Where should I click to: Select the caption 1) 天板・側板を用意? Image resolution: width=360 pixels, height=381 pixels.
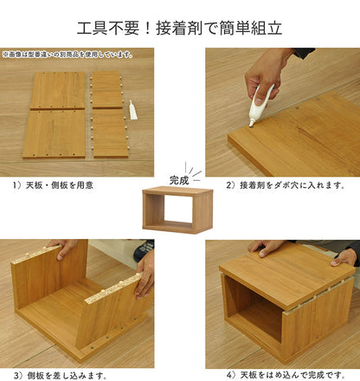[x=54, y=184]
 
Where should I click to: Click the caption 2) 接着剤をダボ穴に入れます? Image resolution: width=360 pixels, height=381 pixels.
[x=286, y=184]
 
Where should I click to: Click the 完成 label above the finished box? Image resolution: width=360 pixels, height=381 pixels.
[x=179, y=180]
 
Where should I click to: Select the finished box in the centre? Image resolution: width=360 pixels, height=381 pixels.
[x=179, y=210]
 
